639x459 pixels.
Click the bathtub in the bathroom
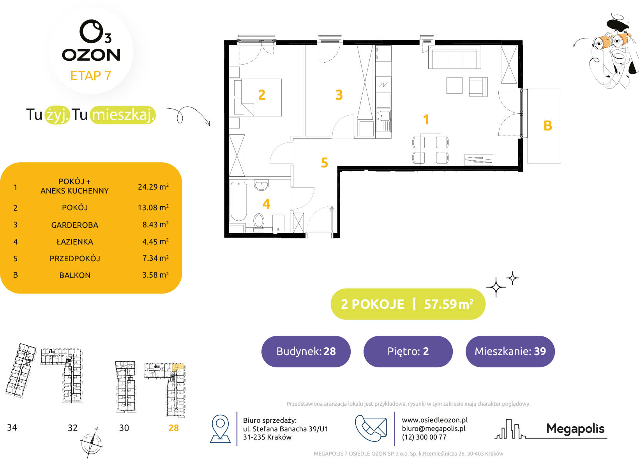(x=238, y=201)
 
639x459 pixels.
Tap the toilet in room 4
(x=259, y=222)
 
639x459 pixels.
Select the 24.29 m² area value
(x=153, y=187)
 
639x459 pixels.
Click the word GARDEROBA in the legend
(x=75, y=225)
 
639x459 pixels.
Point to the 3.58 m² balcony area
(x=155, y=275)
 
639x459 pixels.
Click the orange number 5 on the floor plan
(x=324, y=163)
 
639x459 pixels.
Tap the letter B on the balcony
(x=548, y=126)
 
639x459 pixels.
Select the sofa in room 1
(x=454, y=57)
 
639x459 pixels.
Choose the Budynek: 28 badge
(x=306, y=351)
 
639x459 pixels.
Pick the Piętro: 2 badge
(x=408, y=351)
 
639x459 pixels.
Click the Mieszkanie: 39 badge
(x=510, y=351)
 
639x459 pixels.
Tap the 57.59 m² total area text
(x=449, y=304)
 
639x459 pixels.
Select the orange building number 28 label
(x=173, y=427)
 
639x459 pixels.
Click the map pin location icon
(x=220, y=429)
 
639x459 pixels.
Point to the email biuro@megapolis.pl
(x=434, y=429)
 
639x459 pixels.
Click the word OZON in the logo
(x=91, y=55)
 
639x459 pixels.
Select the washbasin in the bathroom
(x=261, y=185)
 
